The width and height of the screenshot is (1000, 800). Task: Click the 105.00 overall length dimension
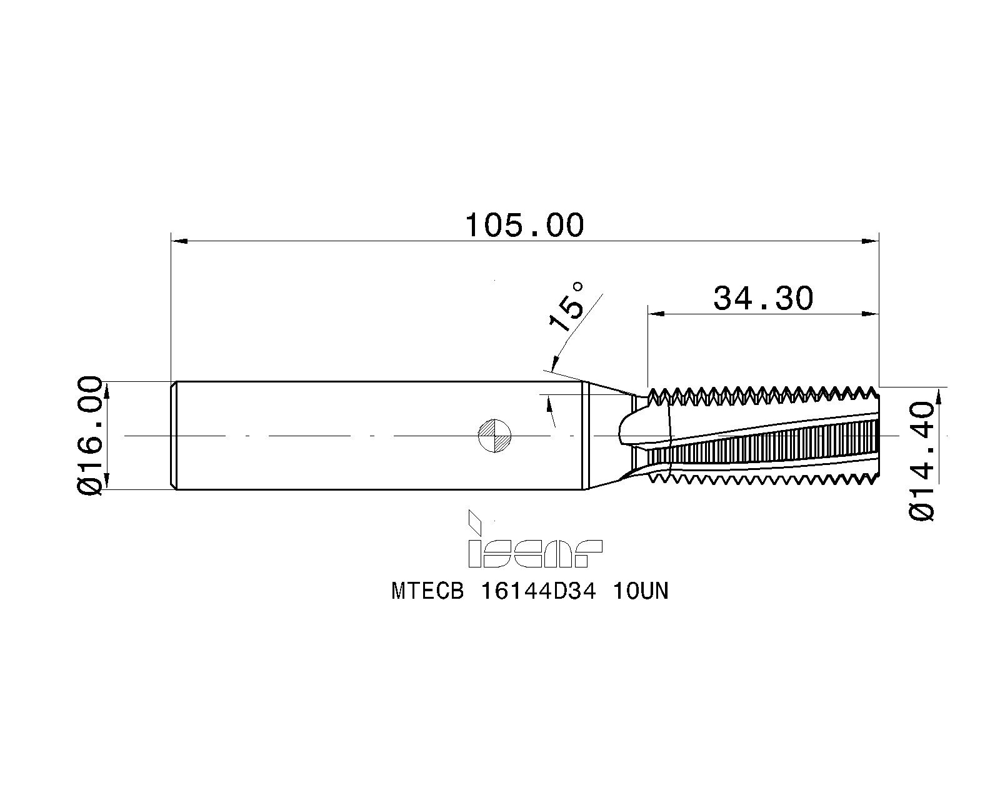[524, 226]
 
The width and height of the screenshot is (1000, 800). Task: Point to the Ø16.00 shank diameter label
[90, 436]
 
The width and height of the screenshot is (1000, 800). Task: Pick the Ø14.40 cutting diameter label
[921, 462]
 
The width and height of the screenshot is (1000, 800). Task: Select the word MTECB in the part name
[427, 592]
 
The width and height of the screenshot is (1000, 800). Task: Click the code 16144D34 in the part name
[538, 592]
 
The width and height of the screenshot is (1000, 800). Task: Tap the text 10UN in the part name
[641, 592]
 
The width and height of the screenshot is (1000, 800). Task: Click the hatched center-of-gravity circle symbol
[494, 436]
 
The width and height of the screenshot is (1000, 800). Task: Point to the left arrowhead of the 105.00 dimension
[179, 241]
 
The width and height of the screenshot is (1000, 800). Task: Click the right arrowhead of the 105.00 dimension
[871, 241]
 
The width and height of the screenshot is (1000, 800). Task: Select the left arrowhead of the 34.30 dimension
[656, 314]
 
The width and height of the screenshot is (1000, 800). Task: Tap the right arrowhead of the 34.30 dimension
[871, 314]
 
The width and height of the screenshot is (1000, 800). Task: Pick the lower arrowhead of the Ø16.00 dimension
[107, 481]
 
